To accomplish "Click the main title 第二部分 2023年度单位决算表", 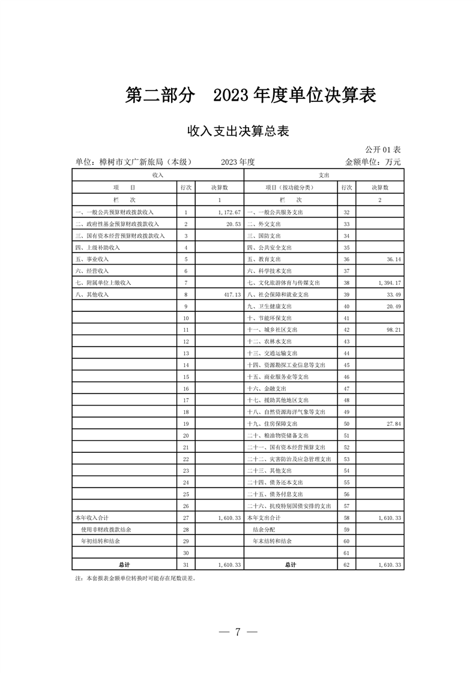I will [x=250, y=95].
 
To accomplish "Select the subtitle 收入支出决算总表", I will [x=238, y=131].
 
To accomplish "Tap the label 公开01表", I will [x=383, y=149].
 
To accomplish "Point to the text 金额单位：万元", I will [x=372, y=161].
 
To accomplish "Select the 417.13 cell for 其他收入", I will [x=231, y=295].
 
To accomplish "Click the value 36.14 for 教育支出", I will [x=391, y=259].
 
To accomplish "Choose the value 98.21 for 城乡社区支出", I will [x=391, y=330].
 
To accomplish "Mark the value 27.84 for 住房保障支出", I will [x=391, y=423].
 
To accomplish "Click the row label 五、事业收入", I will [x=92, y=259].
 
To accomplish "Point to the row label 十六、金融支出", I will [x=270, y=389].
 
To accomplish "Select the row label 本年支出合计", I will [x=265, y=517].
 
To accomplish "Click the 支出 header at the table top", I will [x=324, y=175].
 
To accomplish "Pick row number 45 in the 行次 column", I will [x=346, y=365].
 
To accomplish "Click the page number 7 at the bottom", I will [x=238, y=632].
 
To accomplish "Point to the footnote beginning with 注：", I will [x=135, y=579].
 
